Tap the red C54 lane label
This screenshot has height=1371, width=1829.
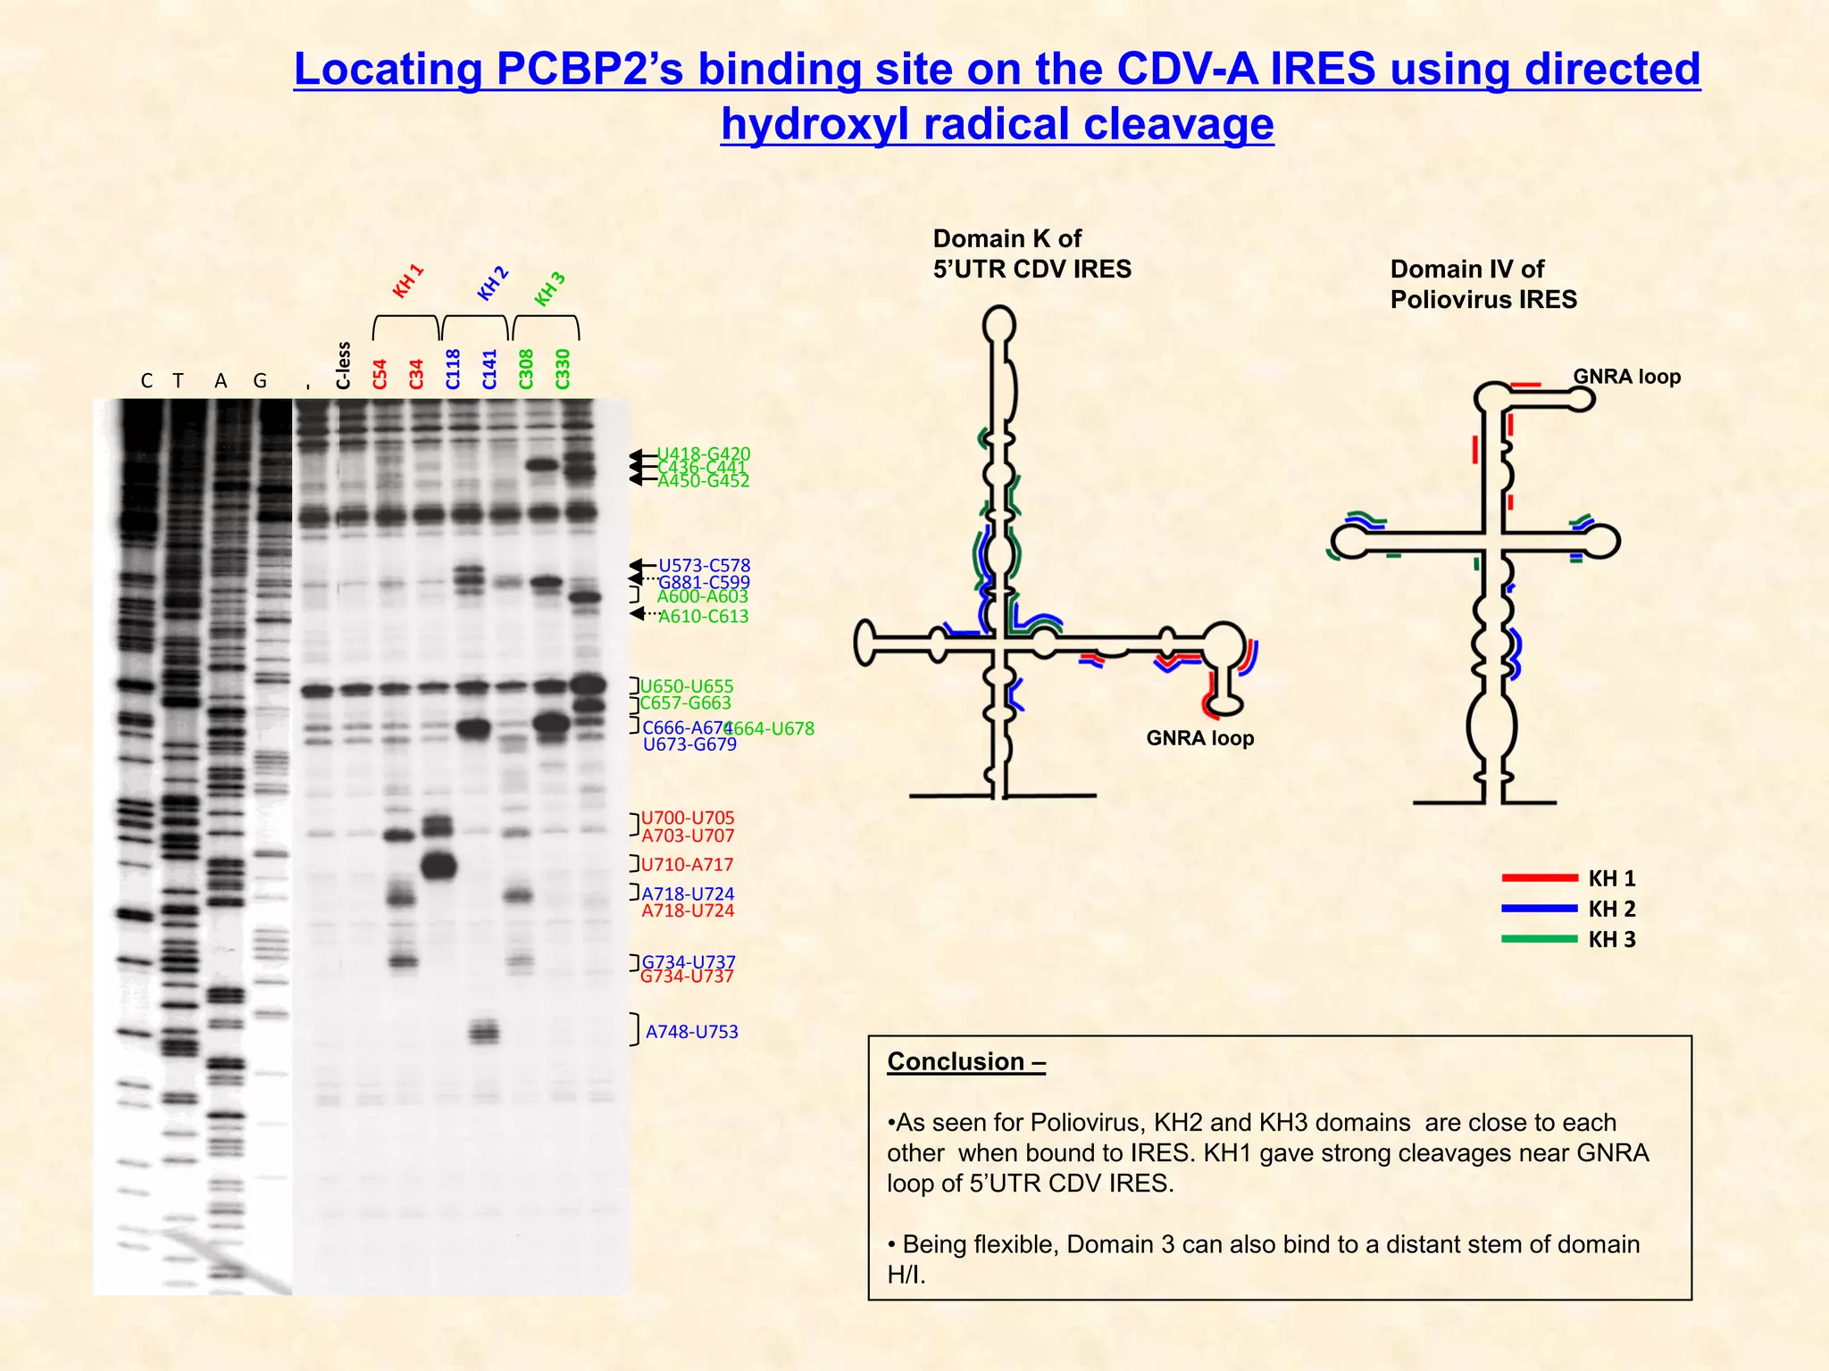tap(380, 374)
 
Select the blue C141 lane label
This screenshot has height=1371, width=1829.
tap(489, 369)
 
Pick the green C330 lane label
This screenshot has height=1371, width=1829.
tap(563, 369)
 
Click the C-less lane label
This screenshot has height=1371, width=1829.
tap(344, 365)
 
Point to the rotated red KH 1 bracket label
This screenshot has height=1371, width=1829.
tap(408, 281)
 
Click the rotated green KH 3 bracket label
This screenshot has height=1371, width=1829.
tap(550, 288)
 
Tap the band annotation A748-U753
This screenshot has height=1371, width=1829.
tap(691, 1032)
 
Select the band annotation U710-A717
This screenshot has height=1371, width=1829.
tap(687, 864)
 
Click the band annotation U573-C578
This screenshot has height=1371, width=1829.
tap(704, 565)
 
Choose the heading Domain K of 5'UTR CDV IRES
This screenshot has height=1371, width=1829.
tap(1031, 253)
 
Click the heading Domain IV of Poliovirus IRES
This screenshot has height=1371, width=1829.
tap(1482, 284)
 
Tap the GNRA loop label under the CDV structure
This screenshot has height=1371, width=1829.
tap(1199, 738)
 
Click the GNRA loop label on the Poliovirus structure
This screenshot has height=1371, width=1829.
tap(1626, 377)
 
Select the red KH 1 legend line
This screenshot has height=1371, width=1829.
tap(1539, 877)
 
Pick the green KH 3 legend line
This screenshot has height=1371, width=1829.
tap(1539, 938)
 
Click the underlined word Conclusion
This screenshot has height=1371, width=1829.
tap(956, 1061)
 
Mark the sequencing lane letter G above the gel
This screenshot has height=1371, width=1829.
tap(260, 381)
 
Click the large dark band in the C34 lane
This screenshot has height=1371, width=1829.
tap(438, 865)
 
